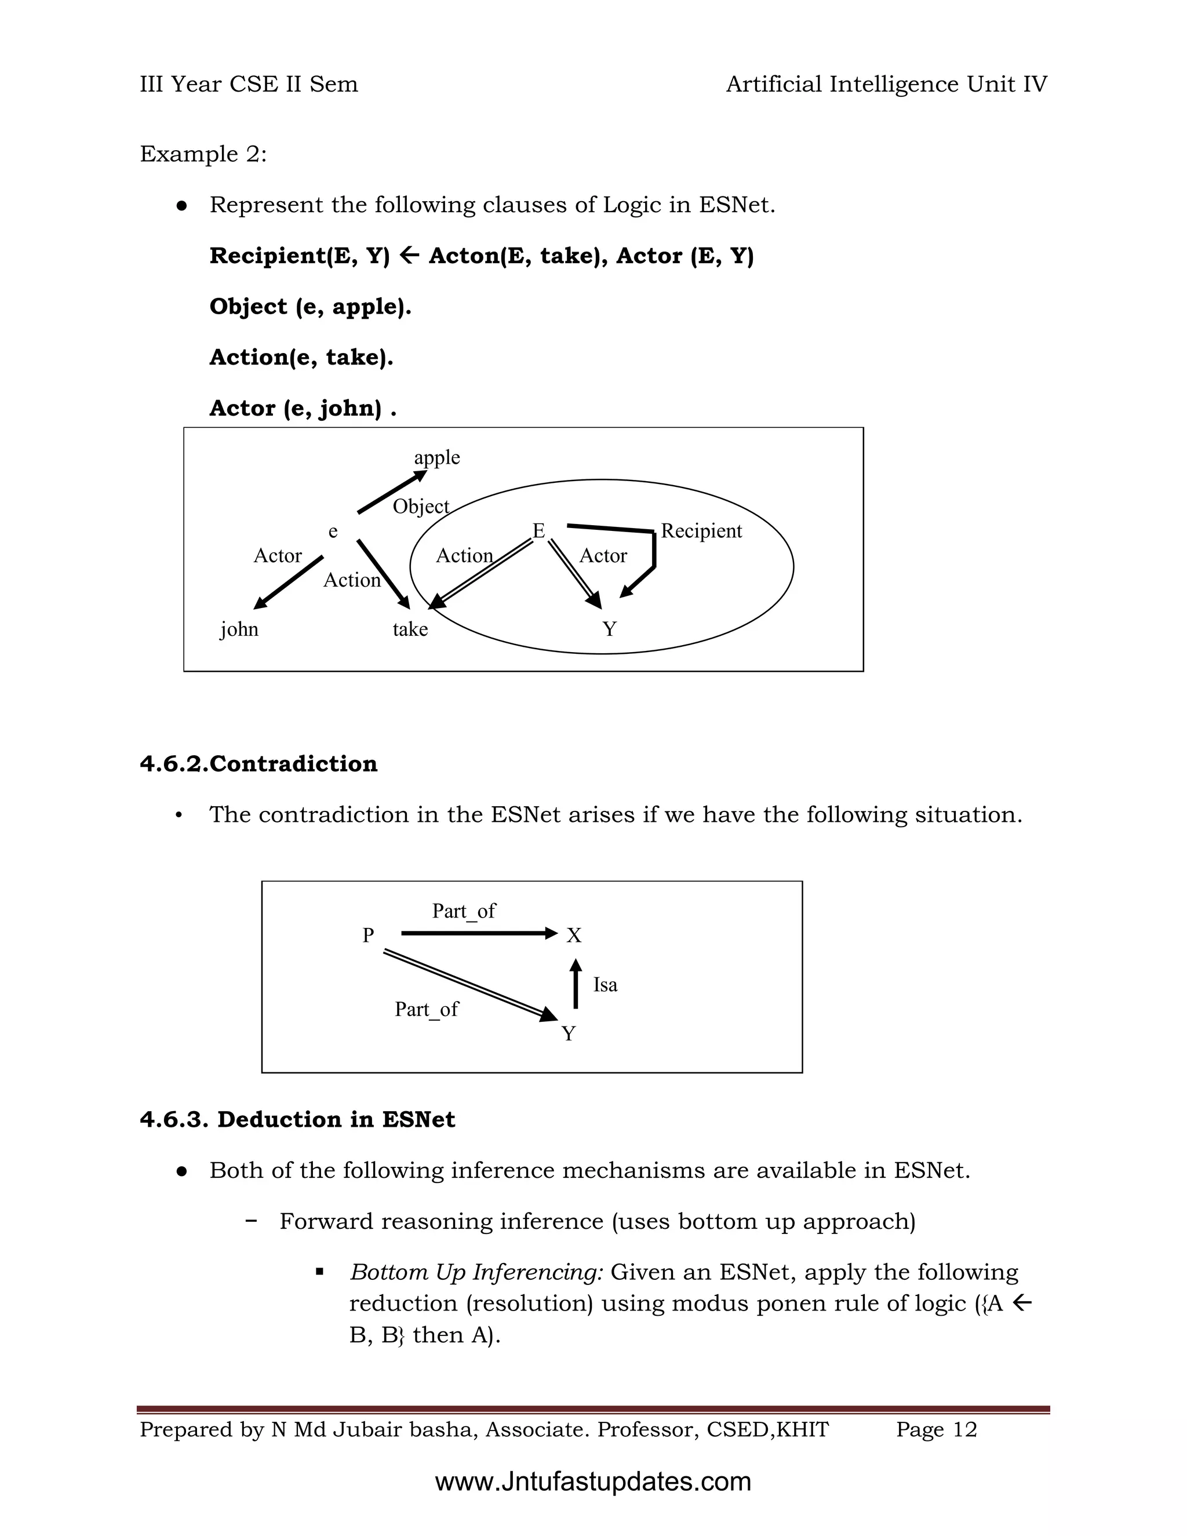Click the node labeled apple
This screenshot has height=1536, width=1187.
[436, 458]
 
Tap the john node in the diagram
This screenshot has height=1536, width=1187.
[239, 629]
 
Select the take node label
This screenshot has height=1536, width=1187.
[410, 629]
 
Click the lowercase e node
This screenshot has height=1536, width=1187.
[333, 532]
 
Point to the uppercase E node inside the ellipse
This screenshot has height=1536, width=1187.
[538, 531]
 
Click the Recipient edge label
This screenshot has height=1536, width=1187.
[701, 531]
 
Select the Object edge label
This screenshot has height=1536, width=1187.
[421, 507]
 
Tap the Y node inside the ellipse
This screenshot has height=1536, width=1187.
[610, 629]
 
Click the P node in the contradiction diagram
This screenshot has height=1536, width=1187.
[368, 936]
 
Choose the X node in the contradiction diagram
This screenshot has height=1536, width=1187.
[574, 936]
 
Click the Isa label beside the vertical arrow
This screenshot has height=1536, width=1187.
[605, 985]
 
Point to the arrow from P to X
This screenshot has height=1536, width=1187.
[478, 934]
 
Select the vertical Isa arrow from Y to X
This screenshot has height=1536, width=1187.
[576, 985]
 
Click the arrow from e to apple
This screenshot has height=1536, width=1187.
[391, 492]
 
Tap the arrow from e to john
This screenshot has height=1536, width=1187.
[288, 583]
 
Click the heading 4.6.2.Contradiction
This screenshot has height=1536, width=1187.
[258, 764]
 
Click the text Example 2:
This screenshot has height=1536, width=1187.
[203, 154]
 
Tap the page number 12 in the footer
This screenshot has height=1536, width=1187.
[965, 1430]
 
